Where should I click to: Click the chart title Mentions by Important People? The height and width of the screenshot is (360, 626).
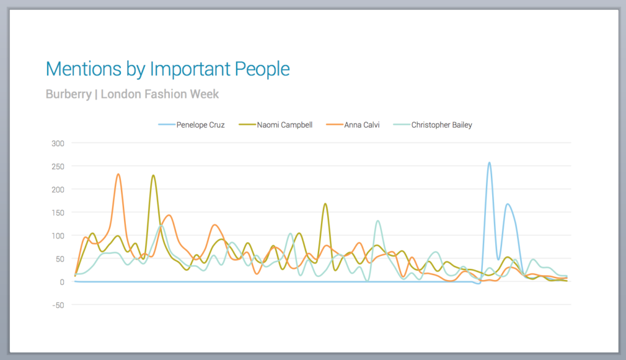[168, 69]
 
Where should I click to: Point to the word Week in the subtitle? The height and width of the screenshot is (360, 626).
[205, 95]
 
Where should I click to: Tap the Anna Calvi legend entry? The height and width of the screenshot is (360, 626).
[360, 125]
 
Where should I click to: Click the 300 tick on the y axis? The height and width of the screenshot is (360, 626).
[58, 143]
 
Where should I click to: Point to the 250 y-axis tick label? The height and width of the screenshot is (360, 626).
[58, 166]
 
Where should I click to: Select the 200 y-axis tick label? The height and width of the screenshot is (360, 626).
[58, 189]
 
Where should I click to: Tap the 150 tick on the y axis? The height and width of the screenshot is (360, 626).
[58, 213]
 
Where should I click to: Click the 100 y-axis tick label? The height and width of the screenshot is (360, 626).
[58, 236]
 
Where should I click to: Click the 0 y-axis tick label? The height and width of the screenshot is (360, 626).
[62, 282]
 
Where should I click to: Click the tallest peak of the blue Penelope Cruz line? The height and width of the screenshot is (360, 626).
[489, 163]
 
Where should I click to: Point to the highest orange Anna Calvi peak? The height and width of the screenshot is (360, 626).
[118, 174]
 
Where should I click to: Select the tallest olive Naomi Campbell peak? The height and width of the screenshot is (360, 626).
[153, 175]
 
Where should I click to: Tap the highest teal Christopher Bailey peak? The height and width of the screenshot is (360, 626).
[378, 221]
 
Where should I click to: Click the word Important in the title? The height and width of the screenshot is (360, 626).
[190, 69]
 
